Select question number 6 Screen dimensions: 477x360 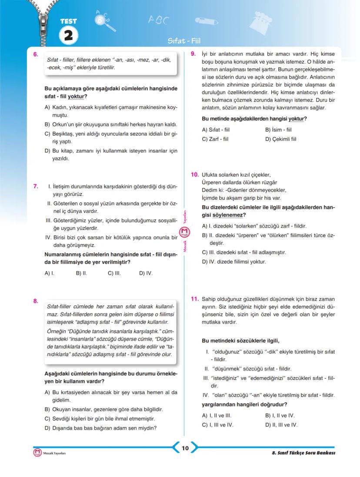click(x=35, y=55)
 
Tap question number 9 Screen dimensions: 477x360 click(x=194, y=53)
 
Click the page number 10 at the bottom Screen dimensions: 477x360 click(x=185, y=448)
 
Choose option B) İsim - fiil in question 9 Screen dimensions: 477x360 click(x=278, y=129)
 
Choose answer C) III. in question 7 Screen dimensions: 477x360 click(x=114, y=273)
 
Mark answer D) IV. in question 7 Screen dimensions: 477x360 click(x=146, y=273)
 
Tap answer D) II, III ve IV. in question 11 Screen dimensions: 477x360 click(x=281, y=425)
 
